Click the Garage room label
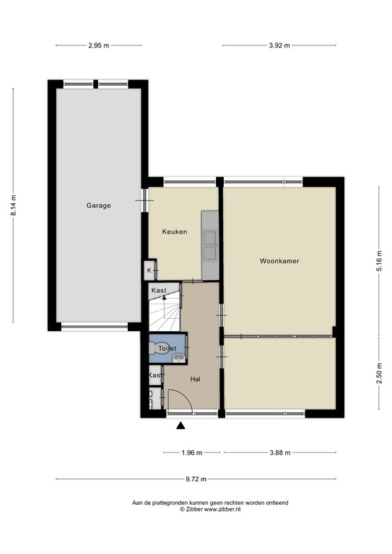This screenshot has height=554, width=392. [x=99, y=206]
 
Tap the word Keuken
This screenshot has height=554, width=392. [x=175, y=232]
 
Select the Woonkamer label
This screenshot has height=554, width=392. [x=279, y=260]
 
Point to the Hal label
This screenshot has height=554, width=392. [x=195, y=378]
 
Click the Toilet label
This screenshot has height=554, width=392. [x=167, y=348]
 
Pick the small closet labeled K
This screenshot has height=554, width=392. [x=149, y=271]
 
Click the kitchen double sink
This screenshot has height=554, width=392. [x=211, y=245]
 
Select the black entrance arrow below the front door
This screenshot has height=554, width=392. [x=180, y=426]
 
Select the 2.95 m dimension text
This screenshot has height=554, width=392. [x=98, y=45]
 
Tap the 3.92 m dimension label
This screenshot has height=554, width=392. [x=279, y=45]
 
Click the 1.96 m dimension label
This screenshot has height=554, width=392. [x=191, y=453]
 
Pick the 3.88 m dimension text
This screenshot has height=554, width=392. [x=279, y=453]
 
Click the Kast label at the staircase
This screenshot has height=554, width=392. [x=159, y=290]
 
